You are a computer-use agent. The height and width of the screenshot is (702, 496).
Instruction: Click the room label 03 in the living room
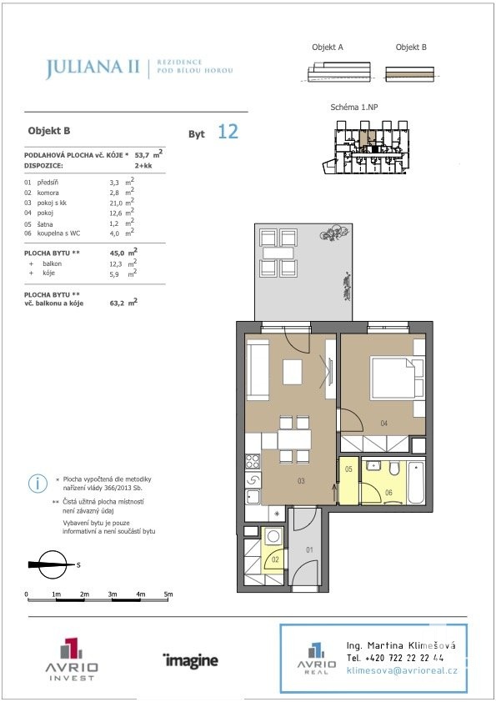(301, 481)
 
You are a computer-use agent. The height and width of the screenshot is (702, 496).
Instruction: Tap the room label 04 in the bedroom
(383, 423)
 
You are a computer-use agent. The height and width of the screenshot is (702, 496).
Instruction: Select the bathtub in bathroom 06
(416, 483)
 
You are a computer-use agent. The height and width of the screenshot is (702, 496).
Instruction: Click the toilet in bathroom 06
(394, 469)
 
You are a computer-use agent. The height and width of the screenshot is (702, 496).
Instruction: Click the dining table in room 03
(294, 439)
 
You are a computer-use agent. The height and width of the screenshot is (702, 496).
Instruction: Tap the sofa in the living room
(258, 369)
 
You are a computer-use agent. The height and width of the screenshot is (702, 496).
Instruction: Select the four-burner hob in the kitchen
(253, 461)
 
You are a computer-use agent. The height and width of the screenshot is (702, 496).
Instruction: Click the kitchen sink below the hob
(253, 496)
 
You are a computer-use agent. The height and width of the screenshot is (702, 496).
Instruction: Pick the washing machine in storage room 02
(273, 536)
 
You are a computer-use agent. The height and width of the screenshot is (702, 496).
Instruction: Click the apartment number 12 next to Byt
(228, 132)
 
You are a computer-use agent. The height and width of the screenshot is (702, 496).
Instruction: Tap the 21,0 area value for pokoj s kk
(116, 203)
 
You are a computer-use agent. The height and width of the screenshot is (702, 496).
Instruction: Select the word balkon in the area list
(52, 263)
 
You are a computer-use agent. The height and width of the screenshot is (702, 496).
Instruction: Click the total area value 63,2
(117, 303)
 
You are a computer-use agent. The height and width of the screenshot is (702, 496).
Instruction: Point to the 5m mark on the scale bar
(168, 594)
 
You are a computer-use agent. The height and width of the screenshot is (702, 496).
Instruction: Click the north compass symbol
(52, 564)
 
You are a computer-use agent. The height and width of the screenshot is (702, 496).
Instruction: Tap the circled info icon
(38, 484)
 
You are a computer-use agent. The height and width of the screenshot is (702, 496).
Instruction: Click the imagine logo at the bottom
(191, 660)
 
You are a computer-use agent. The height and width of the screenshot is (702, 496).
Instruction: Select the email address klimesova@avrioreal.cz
(402, 670)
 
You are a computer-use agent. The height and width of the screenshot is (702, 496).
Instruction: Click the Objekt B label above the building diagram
(411, 47)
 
